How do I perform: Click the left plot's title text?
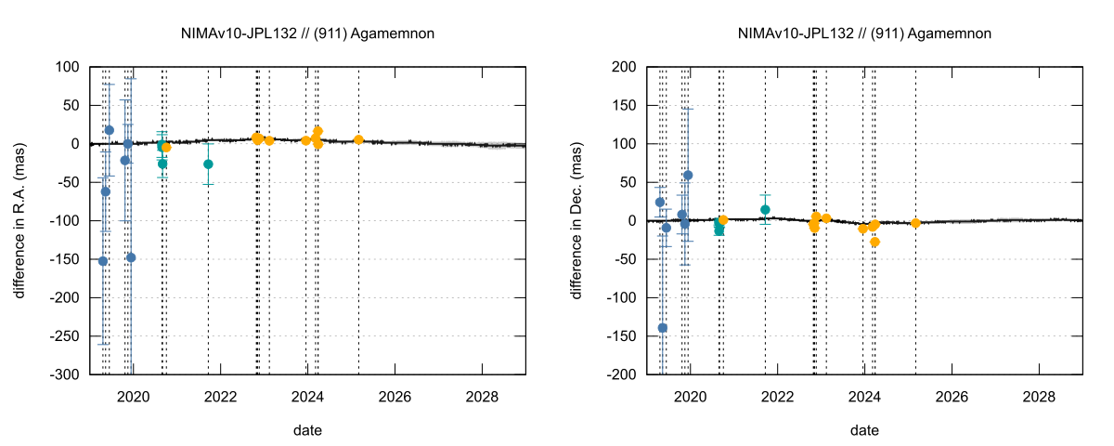coord(307,33)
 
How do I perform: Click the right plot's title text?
coord(864,33)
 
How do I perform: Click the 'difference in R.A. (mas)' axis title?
coord(19,220)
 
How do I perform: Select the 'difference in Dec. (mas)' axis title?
coord(576,220)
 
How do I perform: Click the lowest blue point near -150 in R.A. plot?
coord(103,261)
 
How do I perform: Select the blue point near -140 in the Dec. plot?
coord(663,328)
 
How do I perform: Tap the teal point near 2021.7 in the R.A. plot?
coord(208,164)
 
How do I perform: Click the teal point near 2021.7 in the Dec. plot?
coord(765,210)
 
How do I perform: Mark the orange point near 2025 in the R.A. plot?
coord(358,139)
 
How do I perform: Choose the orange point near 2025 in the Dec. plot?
coord(915,223)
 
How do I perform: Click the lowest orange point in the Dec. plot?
coord(874,242)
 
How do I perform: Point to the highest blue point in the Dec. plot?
coord(688,175)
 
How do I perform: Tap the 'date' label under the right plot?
coord(864,430)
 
